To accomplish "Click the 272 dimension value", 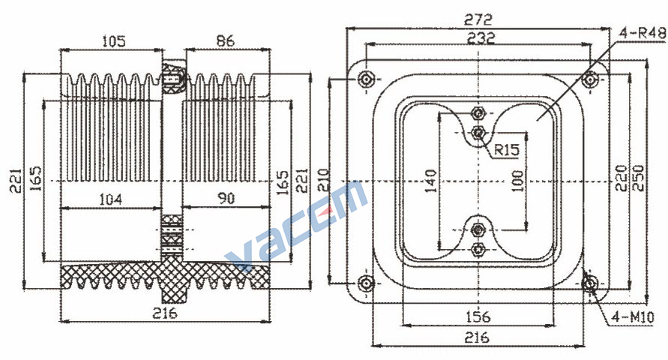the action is [478, 19].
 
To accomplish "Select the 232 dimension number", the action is [481, 38].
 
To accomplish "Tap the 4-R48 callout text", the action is [643, 33].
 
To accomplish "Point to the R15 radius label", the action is [507, 149].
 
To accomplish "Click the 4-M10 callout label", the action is [633, 317].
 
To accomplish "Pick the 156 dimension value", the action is [478, 316].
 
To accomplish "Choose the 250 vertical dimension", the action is [639, 178].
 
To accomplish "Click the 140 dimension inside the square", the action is [431, 181].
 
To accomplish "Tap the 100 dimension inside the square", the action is [517, 181].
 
